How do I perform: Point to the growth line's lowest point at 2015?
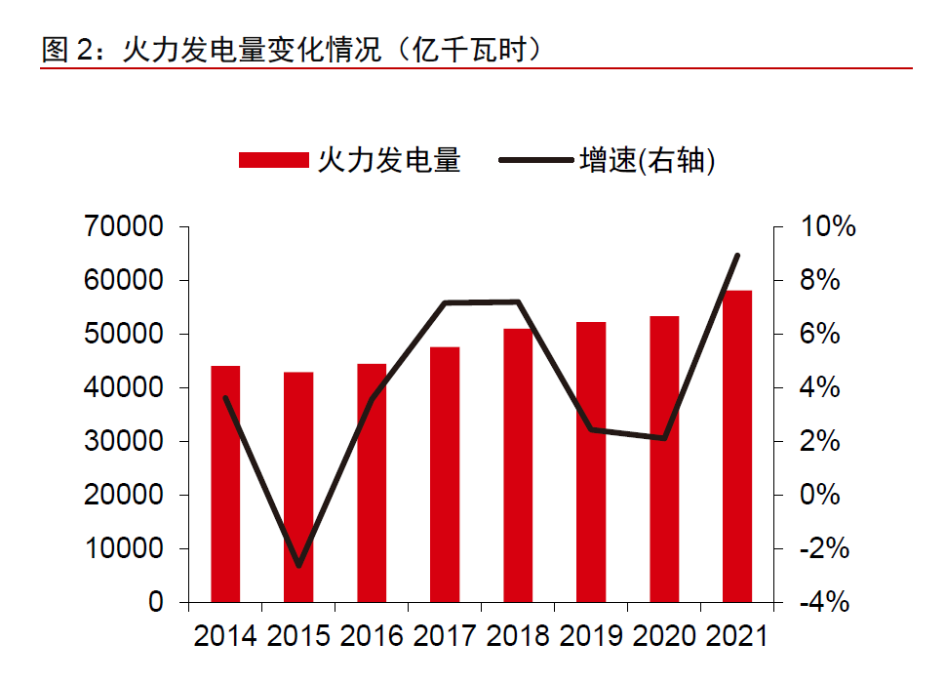point(298,565)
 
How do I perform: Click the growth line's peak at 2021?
point(737,256)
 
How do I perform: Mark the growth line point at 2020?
point(664,438)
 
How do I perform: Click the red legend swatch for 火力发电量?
point(273,161)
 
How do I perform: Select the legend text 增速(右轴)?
point(648,161)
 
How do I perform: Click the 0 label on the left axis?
point(156,603)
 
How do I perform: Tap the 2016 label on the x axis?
point(372,636)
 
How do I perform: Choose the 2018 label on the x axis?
point(518,636)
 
